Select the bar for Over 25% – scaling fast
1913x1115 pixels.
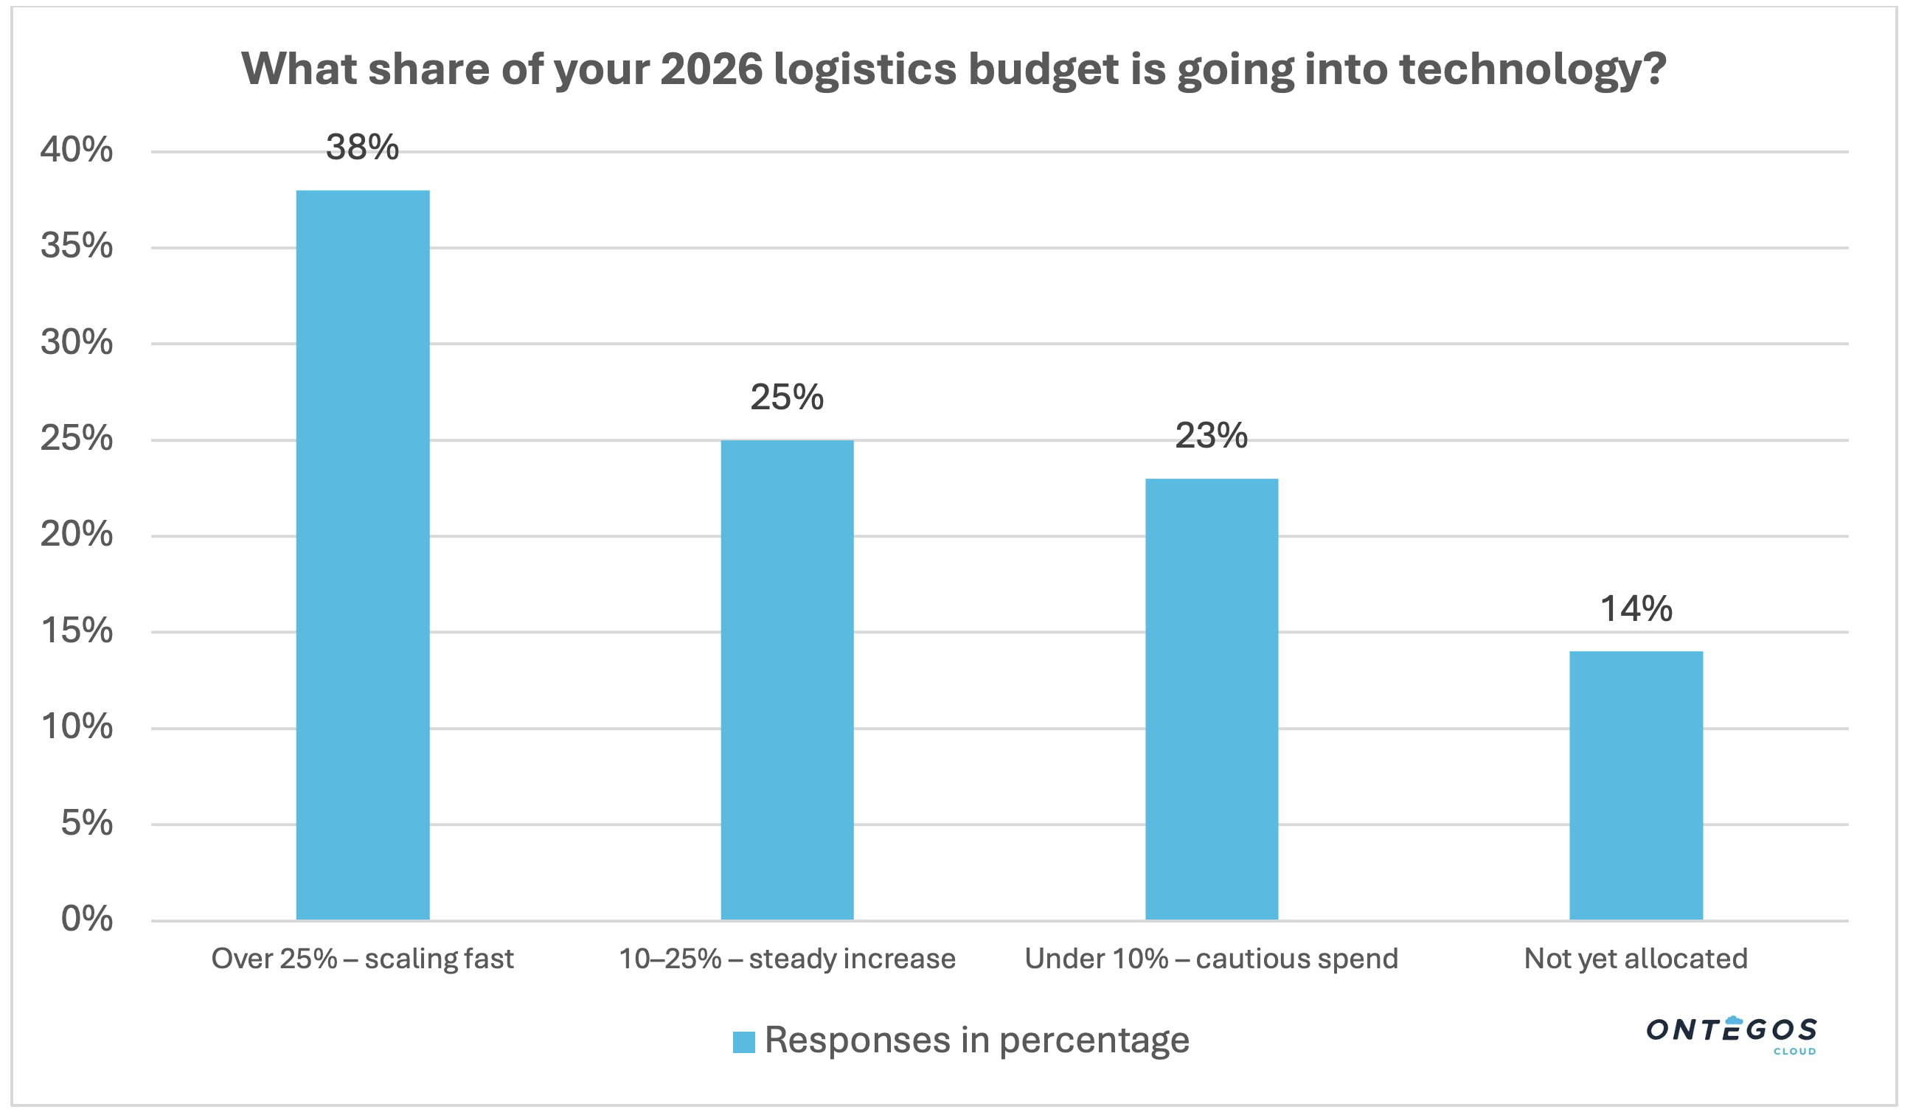point(363,555)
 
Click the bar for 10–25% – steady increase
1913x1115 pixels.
point(787,680)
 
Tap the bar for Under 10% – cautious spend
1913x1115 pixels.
point(1212,699)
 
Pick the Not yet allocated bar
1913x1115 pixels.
point(1636,785)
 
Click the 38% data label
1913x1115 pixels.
point(362,147)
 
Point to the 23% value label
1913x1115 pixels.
point(1212,436)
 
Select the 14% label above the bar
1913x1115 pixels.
point(1636,608)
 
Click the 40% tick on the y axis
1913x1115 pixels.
point(77,150)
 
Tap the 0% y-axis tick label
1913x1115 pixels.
point(86,919)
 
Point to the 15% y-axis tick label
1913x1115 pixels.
point(77,631)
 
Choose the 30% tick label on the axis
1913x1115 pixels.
point(77,343)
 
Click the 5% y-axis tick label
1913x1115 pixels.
point(86,824)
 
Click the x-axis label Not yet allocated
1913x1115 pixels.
point(1636,959)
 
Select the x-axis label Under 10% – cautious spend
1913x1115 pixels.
point(1212,959)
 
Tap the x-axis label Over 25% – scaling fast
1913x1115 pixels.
point(362,959)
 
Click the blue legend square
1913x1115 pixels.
point(744,1042)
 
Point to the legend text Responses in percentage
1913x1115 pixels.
point(977,1040)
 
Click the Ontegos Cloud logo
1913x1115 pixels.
point(1731,1033)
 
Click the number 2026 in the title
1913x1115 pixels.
point(712,69)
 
